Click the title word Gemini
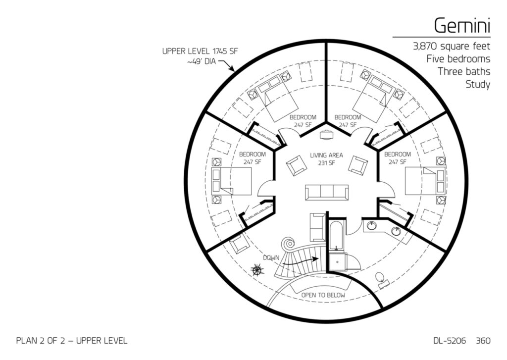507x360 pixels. click(x=462, y=26)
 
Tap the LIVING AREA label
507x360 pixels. click(x=326, y=155)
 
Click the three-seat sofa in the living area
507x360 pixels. click(x=327, y=193)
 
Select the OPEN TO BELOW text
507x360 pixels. click(x=323, y=295)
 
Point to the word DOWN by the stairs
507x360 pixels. click(x=271, y=258)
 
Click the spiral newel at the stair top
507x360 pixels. click(x=288, y=243)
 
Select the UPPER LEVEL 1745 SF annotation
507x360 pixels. click(x=200, y=51)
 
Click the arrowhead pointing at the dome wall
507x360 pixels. click(x=232, y=68)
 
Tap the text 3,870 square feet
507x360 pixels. click(x=452, y=47)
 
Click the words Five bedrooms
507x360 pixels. click(x=458, y=59)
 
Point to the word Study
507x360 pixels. click(x=478, y=85)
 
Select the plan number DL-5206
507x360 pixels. click(x=450, y=341)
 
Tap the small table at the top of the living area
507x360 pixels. click(x=326, y=134)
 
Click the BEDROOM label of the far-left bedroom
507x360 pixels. click(x=252, y=154)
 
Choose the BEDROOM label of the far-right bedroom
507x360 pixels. click(x=398, y=154)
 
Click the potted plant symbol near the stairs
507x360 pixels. click(x=257, y=269)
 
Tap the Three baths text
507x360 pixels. click(x=464, y=71)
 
